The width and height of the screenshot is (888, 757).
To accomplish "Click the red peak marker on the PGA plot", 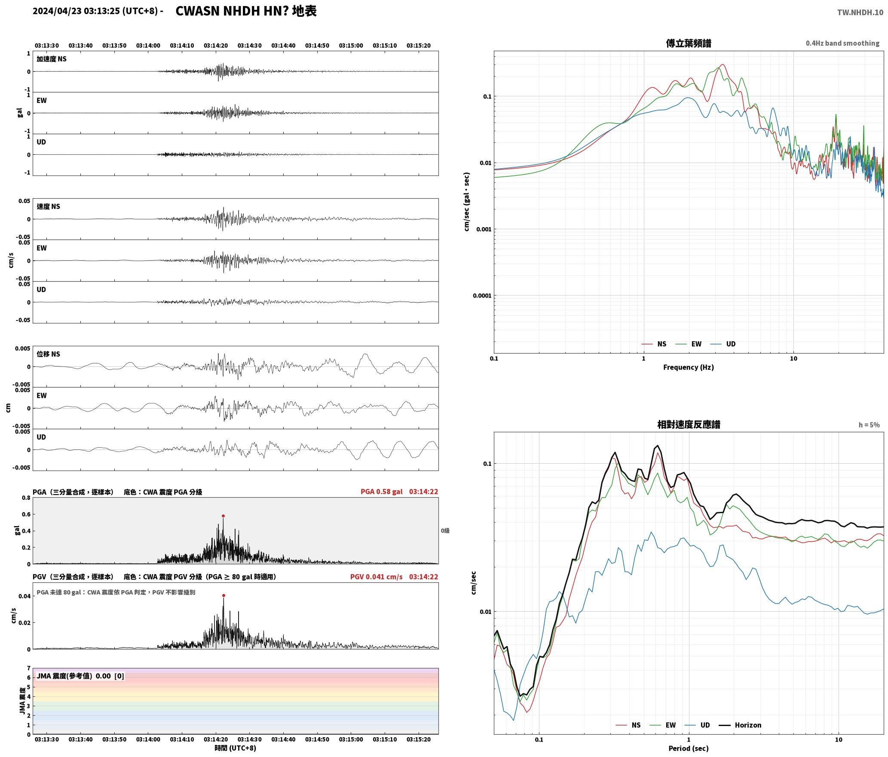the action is [x=223, y=516].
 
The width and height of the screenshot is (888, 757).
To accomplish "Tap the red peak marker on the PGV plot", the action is [x=224, y=595].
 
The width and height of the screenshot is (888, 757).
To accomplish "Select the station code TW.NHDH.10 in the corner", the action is [x=860, y=12].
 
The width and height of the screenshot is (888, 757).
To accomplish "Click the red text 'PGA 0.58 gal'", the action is [x=381, y=492].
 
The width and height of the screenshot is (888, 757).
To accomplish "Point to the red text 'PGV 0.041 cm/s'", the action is [x=376, y=577].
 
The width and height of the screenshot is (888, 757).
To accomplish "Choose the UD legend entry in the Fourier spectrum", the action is [x=723, y=344].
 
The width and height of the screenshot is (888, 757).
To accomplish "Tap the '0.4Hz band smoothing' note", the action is [x=842, y=43].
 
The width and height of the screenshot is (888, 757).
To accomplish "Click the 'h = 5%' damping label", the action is [x=869, y=425].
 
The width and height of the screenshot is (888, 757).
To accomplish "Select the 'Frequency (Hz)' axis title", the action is [x=688, y=367].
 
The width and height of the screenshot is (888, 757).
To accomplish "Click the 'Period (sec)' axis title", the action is [x=688, y=748].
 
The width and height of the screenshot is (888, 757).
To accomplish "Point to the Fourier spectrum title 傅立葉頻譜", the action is [x=689, y=43].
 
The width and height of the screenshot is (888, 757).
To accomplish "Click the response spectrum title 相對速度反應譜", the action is [x=689, y=425].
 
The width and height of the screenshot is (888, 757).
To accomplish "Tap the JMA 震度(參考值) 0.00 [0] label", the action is [x=80, y=676].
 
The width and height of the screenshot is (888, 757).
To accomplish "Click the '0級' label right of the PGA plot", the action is [x=445, y=531].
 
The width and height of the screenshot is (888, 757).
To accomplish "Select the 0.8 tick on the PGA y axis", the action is [x=26, y=498].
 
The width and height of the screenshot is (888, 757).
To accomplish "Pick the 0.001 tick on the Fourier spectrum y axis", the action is [x=484, y=229].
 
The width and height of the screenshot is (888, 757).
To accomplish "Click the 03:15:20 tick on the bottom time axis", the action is [x=418, y=739].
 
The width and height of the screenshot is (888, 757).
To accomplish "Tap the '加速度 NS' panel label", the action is [x=52, y=59].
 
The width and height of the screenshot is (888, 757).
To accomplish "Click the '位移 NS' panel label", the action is [x=48, y=354].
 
